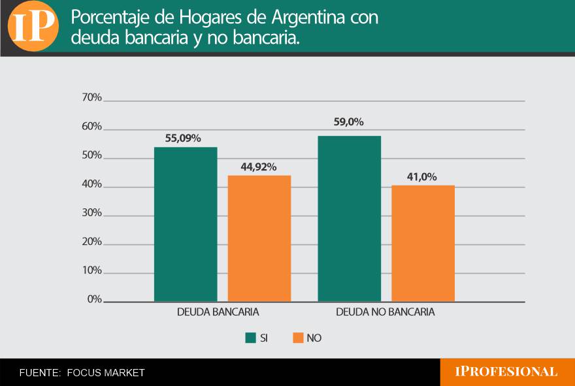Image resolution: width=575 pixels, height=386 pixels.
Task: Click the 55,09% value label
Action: coord(182,138)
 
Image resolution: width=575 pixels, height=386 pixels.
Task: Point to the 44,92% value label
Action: coord(259,167)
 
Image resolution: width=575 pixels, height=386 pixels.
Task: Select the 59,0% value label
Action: coord(348,122)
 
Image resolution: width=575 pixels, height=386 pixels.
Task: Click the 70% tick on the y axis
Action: coord(91,98)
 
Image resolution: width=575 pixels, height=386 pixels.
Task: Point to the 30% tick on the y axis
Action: coord(91,214)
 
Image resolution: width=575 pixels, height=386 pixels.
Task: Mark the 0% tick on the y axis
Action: coord(93,300)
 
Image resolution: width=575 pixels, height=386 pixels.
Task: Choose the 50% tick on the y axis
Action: coord(91,156)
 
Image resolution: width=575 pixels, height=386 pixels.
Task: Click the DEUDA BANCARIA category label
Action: coord(218,312)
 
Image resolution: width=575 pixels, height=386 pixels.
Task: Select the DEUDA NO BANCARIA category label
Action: coord(385,312)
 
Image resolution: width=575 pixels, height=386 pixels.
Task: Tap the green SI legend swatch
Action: coord(250,338)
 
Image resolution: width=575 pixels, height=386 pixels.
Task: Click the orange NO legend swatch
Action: coord(298,338)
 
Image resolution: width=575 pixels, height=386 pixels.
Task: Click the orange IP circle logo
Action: coord(33,26)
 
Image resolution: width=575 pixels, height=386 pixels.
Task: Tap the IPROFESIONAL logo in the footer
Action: coord(506,372)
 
